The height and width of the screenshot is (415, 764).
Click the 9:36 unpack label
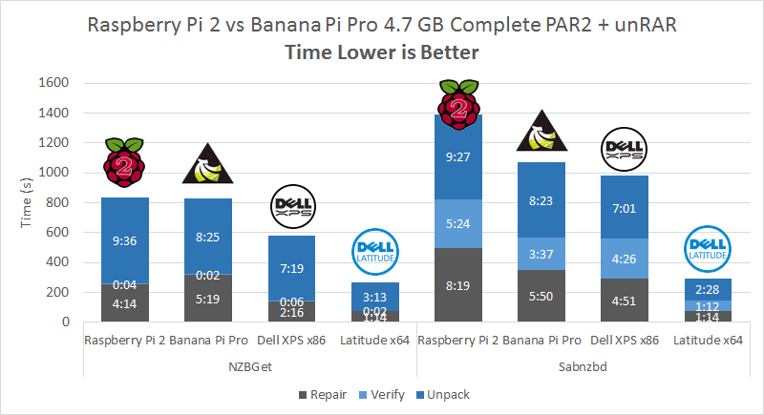click(x=124, y=241)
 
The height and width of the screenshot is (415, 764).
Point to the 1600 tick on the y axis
click(x=53, y=83)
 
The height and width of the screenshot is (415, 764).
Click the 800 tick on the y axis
click(x=57, y=202)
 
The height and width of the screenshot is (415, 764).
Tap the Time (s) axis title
click(x=28, y=202)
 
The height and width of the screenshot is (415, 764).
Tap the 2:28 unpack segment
click(x=710, y=289)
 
